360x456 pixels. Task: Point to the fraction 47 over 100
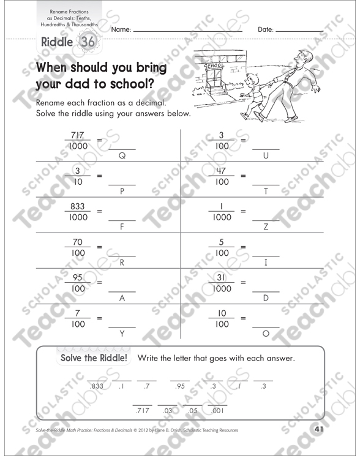pyautogui.click(x=222, y=176)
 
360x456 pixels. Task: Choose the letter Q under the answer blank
pyautogui.click(x=121, y=155)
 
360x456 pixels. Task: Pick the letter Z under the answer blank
pyautogui.click(x=266, y=226)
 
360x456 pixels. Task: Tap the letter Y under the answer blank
pyautogui.click(x=122, y=334)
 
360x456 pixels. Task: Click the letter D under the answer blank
pyautogui.click(x=266, y=298)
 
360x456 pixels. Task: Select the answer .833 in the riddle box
pyautogui.click(x=97, y=386)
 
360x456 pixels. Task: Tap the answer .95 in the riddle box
pyautogui.click(x=179, y=386)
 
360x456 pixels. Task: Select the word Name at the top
pyautogui.click(x=121, y=29)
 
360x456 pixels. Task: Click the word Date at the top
pyautogui.click(x=266, y=29)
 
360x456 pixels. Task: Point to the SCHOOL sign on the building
pyautogui.click(x=214, y=65)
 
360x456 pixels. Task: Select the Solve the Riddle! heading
pyautogui.click(x=94, y=358)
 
